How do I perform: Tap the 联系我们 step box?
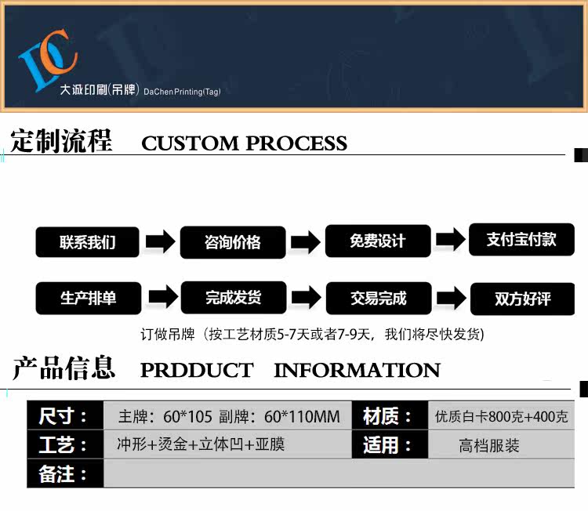pyautogui.click(x=87, y=242)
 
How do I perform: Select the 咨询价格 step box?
pyautogui.click(x=232, y=242)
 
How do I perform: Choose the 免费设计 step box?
pyautogui.click(x=378, y=241)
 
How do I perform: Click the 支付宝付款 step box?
pyautogui.click(x=521, y=239)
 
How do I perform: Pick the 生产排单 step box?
pyautogui.click(x=87, y=299)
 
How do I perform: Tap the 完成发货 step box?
pyautogui.click(x=232, y=298)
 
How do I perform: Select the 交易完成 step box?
pyautogui.click(x=378, y=298)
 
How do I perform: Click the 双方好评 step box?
pyautogui.click(x=521, y=299)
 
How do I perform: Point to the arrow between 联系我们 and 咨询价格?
pyautogui.click(x=160, y=241)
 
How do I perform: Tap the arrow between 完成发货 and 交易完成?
pyautogui.click(x=306, y=298)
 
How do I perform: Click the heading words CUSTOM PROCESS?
pyautogui.click(x=244, y=143)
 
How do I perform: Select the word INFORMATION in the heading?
pyautogui.click(x=357, y=370)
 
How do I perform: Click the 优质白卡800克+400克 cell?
pyautogui.click(x=501, y=416)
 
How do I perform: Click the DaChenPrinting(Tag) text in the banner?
pyautogui.click(x=182, y=92)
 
